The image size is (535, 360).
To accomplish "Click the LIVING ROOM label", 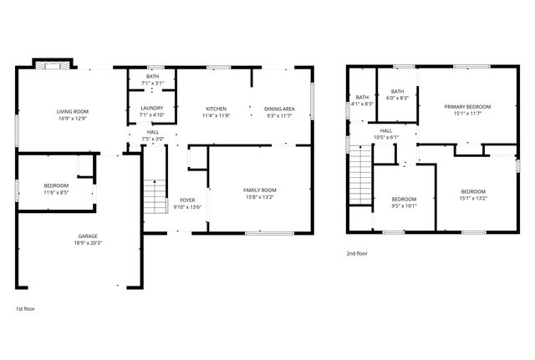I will point(73,111).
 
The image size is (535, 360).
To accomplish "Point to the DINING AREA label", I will point(279,109).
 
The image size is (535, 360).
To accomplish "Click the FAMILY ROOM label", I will point(259,190).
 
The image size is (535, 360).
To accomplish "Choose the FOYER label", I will point(187,200).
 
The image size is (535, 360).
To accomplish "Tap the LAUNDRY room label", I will point(152,108).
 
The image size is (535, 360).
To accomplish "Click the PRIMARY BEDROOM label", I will point(467,106).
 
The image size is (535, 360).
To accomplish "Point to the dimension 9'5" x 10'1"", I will point(404,205).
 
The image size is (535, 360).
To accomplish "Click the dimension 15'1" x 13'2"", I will point(472,199).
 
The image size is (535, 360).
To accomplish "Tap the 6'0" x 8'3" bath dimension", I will point(397,99).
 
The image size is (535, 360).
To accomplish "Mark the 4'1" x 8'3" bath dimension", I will point(362,104).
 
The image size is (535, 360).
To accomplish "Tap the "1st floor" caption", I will point(25,309).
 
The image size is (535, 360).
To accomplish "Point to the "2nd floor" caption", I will point(356,253).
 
